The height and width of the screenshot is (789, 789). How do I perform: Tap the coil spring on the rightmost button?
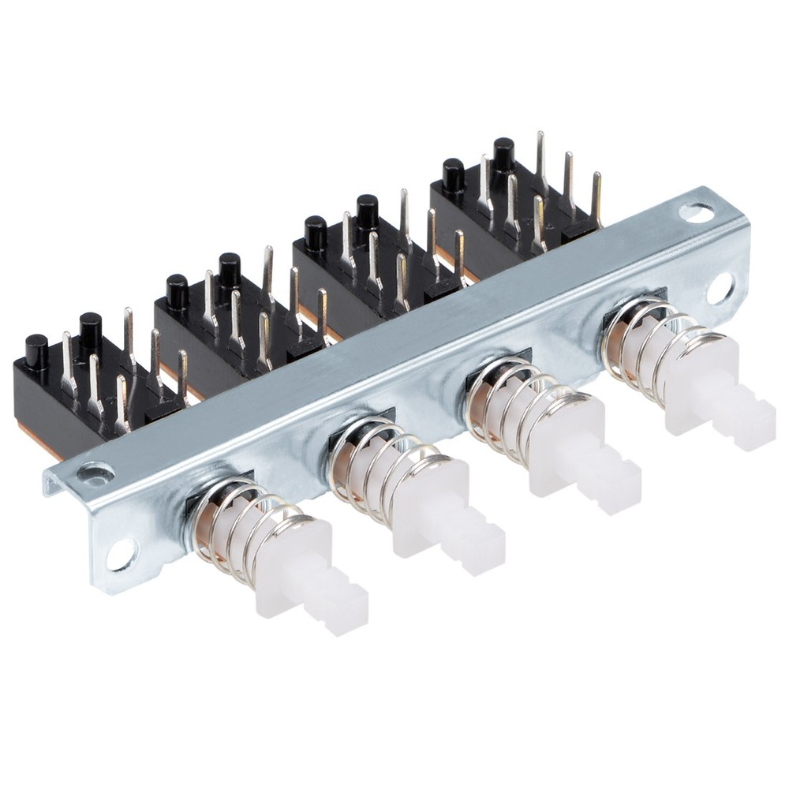point(643,351)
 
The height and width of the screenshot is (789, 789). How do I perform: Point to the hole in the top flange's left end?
point(95,473)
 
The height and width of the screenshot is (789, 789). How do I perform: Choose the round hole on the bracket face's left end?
point(122,554)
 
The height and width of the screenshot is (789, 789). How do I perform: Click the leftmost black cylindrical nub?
point(36,351)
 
